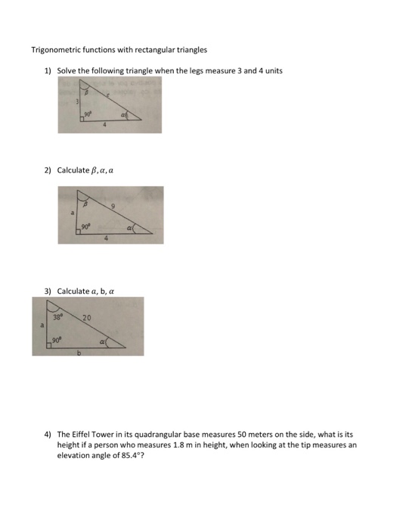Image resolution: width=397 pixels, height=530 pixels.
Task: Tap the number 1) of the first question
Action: point(47,70)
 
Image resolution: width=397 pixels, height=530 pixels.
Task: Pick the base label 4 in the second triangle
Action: point(107,239)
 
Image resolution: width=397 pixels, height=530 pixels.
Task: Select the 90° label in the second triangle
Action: point(86,226)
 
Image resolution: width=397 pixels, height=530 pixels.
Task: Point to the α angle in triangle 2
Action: point(132,226)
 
